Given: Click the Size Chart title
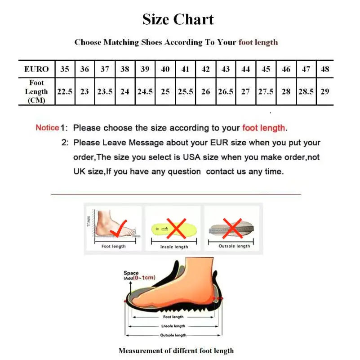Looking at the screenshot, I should point(178,19).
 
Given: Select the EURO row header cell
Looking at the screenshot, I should point(36,69).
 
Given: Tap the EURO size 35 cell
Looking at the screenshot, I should point(65,69).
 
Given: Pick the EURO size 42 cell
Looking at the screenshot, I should point(206,69).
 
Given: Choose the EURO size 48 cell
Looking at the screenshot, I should point(325,69).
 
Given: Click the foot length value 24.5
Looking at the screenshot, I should point(145,91).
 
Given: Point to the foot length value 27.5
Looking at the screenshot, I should point(266,91).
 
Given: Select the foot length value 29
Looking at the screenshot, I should point(325,91).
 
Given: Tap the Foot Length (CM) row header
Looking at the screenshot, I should point(36,91).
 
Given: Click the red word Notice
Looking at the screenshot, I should point(47,128).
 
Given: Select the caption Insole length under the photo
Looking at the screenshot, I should point(174,247).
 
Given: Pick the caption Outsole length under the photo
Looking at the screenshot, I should point(234,246).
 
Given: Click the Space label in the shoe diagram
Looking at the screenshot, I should point(131,273).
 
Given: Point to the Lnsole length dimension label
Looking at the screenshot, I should point(173,326).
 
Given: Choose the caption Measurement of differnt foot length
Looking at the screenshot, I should point(176,351).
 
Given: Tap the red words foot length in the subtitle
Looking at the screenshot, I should point(258,42).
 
